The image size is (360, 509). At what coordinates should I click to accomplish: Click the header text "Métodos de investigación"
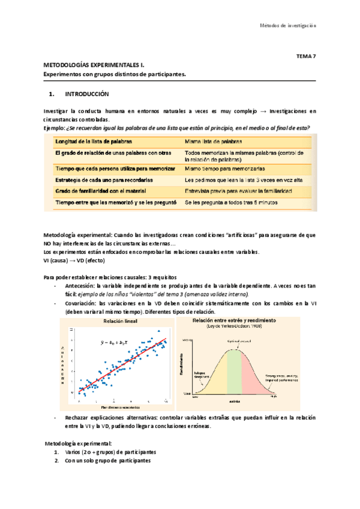[287, 25]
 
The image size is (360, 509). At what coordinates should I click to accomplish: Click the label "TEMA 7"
[306, 56]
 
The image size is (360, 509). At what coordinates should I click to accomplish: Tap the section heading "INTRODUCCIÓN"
[86, 94]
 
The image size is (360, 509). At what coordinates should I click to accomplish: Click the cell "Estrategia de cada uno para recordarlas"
[104, 179]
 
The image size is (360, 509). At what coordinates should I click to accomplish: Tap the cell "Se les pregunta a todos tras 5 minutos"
[231, 203]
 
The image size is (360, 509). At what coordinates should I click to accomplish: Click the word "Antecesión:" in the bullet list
[81, 286]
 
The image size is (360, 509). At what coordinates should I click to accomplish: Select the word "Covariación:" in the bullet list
[82, 303]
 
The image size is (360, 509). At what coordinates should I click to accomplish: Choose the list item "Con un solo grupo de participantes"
[107, 460]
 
